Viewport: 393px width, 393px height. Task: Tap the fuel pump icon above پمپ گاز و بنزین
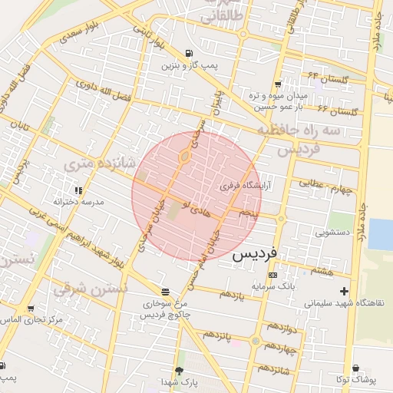[x=189, y=53]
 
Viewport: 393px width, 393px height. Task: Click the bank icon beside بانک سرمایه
[x=272, y=275]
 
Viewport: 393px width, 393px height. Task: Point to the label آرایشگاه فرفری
[x=241, y=185]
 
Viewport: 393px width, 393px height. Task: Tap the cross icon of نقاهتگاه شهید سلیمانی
[x=344, y=291]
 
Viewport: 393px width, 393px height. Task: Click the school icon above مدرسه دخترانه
[x=78, y=190]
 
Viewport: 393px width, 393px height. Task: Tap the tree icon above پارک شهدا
[x=180, y=370]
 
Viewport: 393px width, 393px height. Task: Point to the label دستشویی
[x=332, y=230]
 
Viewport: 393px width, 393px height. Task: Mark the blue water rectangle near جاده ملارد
[x=381, y=234]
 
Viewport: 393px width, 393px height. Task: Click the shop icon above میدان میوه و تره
[x=277, y=84]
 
